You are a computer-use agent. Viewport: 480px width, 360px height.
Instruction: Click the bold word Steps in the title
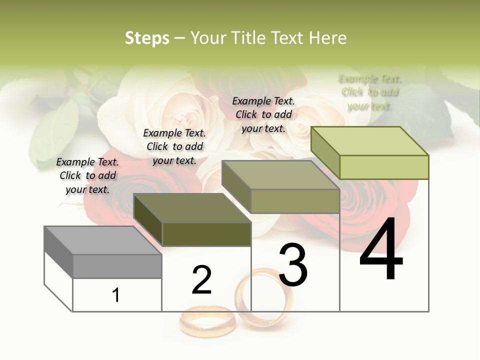[x=147, y=38]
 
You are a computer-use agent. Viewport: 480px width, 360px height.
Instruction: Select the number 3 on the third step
[x=292, y=264]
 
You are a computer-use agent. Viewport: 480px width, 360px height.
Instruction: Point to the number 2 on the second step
[x=202, y=280]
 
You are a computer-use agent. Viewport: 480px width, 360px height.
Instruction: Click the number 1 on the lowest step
[x=116, y=295]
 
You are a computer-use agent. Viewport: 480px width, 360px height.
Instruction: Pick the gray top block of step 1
[x=103, y=252]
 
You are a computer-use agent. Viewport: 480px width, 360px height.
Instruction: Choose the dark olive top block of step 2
[x=192, y=220]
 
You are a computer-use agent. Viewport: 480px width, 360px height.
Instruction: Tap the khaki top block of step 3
[x=281, y=187]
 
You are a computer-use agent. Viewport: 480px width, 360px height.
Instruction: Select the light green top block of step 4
[x=370, y=153]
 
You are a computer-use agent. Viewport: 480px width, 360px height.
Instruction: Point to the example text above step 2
[x=174, y=146]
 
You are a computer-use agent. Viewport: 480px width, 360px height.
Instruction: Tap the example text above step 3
[x=263, y=114]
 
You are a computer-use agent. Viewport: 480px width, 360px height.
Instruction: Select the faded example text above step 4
[x=370, y=92]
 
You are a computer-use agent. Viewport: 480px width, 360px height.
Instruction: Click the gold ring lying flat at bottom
[x=207, y=320]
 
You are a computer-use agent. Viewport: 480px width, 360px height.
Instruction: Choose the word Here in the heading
[x=328, y=38]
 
